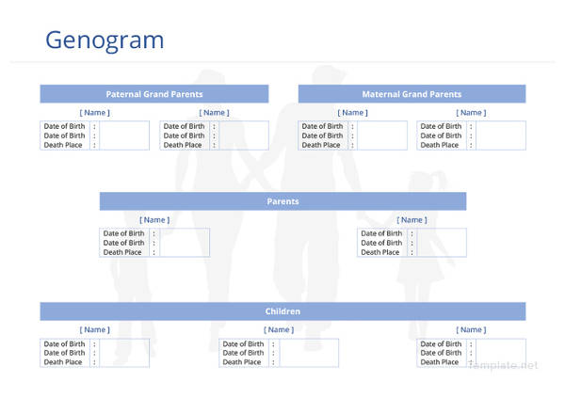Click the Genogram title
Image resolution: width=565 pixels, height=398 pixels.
coord(105,40)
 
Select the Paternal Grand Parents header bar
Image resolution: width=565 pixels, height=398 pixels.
coord(153,94)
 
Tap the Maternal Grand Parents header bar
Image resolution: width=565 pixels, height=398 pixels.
coord(412,94)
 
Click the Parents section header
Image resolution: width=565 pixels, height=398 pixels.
coord(282,201)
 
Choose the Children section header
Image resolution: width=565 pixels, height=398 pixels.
coord(282,311)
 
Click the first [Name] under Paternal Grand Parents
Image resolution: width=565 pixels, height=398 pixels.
coord(94,113)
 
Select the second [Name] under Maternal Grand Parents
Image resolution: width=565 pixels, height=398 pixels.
coord(471,113)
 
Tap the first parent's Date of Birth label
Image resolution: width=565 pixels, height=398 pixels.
coord(123,233)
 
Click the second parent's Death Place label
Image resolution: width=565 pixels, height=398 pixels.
coord(379,252)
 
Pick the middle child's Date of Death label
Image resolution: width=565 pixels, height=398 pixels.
coord(243,353)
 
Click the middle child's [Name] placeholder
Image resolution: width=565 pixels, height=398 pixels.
coord(278,329)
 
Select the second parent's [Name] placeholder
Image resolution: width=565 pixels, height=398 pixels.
coord(412,220)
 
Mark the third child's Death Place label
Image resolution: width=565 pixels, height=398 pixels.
coord(441,362)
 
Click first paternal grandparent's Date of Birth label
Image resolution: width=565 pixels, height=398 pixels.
coord(64,126)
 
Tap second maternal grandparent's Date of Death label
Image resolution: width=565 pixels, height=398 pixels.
coord(441,135)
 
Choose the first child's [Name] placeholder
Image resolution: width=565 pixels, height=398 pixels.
coord(94,329)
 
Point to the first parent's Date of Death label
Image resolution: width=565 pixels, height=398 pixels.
coord(123,243)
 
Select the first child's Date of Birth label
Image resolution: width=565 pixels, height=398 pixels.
coord(64,343)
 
